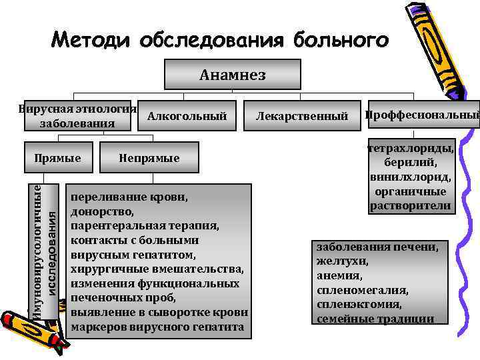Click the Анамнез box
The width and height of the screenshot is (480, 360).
[232, 75]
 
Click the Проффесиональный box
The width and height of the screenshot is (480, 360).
[421, 116]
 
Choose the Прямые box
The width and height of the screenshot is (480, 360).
[58, 158]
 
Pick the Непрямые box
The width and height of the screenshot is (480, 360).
[149, 158]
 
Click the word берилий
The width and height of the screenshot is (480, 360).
[411, 163]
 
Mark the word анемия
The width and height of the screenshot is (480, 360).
[339, 275]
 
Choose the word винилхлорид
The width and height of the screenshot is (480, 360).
[411, 177]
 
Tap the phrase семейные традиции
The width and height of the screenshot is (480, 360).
[375, 319]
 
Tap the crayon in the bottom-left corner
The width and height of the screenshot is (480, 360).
[33, 333]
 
